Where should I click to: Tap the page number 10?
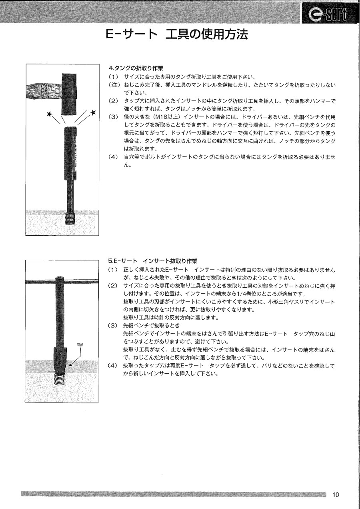pos(335,495)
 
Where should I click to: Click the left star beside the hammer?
pos(50,114)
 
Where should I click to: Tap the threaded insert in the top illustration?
pos(71,218)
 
